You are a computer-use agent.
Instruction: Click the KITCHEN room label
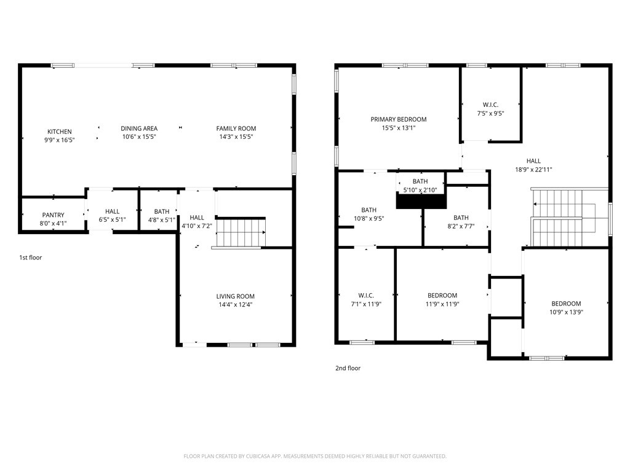(60, 132)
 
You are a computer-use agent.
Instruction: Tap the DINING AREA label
(138, 128)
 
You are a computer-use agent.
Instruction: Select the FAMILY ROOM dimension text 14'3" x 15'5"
(236, 136)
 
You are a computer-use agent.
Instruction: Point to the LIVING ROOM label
(235, 296)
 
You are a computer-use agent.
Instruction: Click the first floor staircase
(241, 233)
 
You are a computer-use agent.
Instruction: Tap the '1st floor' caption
(30, 258)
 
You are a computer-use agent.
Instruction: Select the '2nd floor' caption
(348, 368)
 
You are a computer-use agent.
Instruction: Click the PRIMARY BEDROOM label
(398, 119)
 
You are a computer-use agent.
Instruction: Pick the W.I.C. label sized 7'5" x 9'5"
(490, 105)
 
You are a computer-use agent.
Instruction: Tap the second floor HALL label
(533, 161)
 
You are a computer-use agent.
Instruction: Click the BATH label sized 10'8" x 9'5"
(369, 210)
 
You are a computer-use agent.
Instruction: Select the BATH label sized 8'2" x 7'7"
(461, 218)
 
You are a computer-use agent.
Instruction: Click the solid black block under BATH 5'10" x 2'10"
(420, 202)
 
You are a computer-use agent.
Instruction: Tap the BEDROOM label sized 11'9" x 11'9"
(442, 296)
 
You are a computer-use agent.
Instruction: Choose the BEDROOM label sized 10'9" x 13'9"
(565, 304)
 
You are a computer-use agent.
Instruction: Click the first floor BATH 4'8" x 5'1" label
(162, 211)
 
